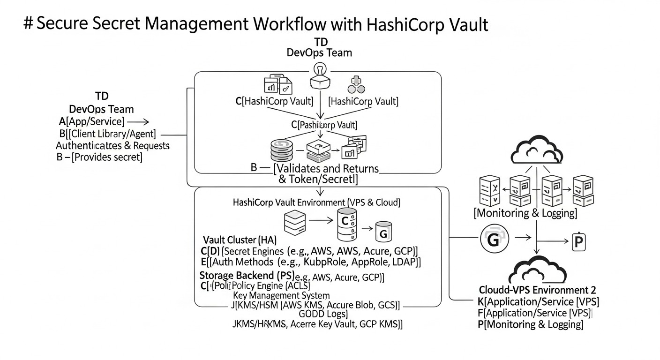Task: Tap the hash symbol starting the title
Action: point(28,23)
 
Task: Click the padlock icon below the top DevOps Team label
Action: point(319,76)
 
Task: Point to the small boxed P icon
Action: point(579,241)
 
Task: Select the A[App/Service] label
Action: point(92,122)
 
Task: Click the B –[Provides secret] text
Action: point(99,157)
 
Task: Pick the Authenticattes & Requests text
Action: point(112,145)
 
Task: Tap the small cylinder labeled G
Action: point(382,231)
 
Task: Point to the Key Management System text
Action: point(281,295)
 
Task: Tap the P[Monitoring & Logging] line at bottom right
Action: point(530,324)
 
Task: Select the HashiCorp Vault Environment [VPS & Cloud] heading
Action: point(316,202)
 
